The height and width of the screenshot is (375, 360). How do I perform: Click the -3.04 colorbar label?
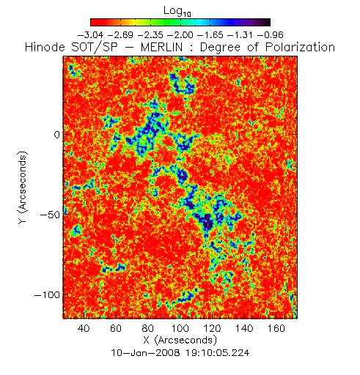(x=90, y=35)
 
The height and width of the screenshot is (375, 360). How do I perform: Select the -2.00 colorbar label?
(x=180, y=35)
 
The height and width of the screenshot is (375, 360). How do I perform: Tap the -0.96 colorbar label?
(x=271, y=35)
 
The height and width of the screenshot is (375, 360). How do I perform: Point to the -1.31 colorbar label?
(x=240, y=35)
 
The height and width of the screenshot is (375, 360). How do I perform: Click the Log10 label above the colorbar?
(x=177, y=12)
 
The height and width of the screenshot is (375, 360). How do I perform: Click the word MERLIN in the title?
(x=161, y=47)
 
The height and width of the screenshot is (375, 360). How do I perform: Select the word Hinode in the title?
(x=45, y=47)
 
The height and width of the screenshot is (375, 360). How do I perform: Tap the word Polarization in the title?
(x=300, y=47)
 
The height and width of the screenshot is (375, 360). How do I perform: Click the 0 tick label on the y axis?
(x=57, y=135)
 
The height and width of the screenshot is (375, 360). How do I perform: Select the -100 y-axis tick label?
(x=47, y=295)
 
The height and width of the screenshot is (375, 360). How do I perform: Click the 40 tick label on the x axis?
(x=84, y=328)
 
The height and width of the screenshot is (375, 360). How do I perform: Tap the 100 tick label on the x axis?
(x=180, y=328)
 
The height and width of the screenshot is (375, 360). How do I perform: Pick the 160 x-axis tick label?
(x=276, y=328)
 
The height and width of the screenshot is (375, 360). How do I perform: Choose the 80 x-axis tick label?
(x=148, y=328)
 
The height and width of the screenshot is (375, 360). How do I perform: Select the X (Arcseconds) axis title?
(x=180, y=340)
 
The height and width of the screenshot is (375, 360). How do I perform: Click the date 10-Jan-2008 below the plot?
(x=146, y=353)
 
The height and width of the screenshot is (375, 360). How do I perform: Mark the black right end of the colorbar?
(x=267, y=22)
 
